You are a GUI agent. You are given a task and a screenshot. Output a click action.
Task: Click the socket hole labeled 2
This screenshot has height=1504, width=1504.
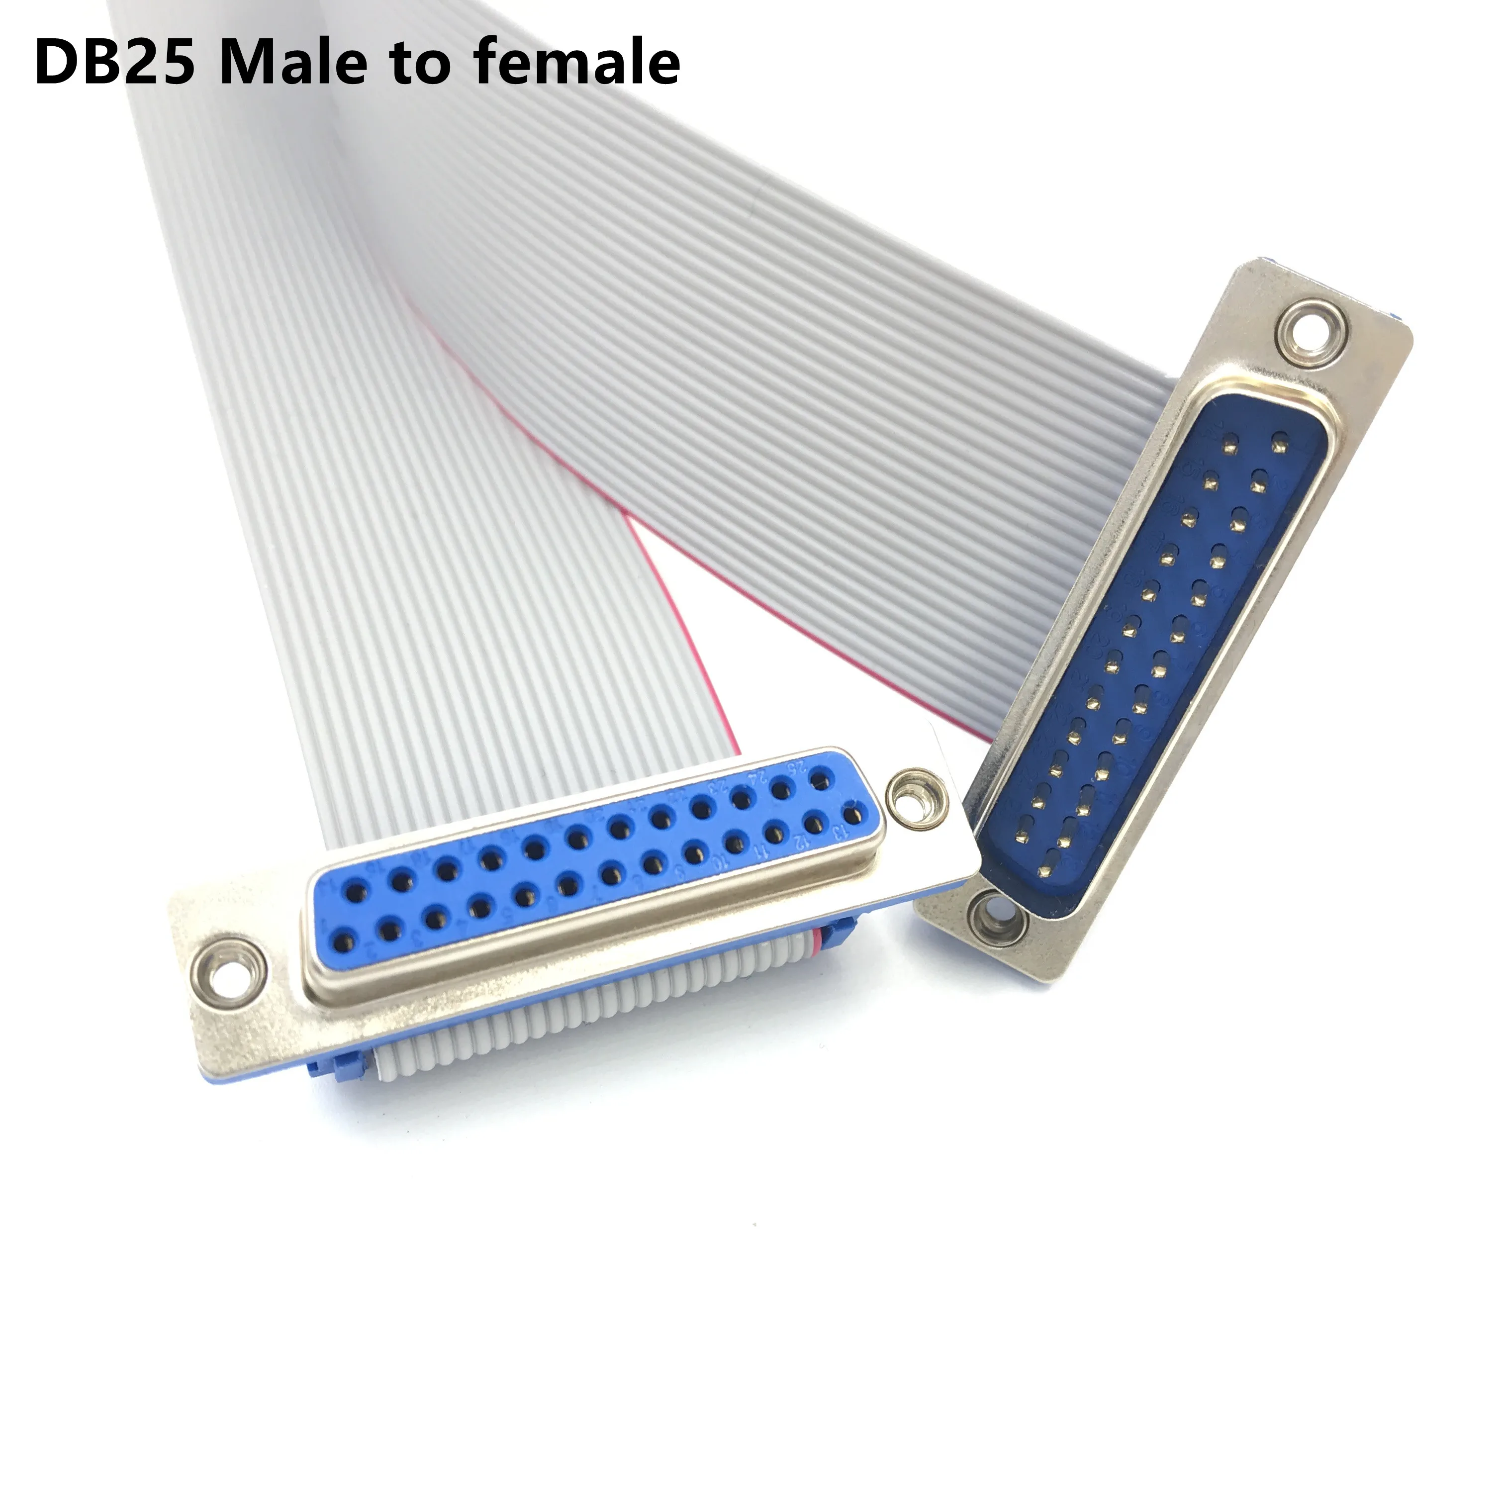pyautogui.click(x=387, y=929)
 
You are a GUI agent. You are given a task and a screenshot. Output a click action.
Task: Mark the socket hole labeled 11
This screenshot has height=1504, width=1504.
pyautogui.click(x=774, y=832)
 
